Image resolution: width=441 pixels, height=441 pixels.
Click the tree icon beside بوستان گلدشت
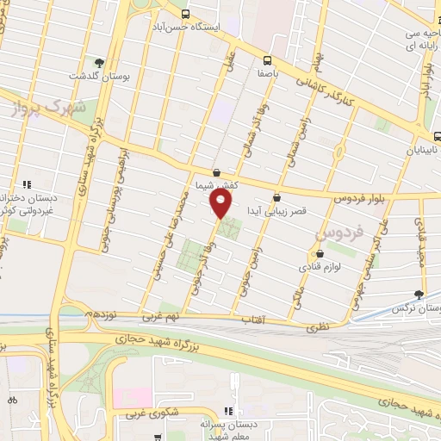point(100,63)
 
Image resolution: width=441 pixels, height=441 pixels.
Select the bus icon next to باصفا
point(266,60)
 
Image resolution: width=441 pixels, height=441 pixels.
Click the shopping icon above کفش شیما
point(215,172)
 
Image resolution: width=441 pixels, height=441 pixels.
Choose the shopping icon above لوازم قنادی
point(320,254)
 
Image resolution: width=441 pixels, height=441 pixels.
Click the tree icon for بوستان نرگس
point(419,294)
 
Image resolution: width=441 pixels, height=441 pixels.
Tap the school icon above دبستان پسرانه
point(228,412)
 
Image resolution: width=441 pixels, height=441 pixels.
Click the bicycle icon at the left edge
point(12,400)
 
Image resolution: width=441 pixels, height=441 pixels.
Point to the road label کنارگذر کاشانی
point(335,96)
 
